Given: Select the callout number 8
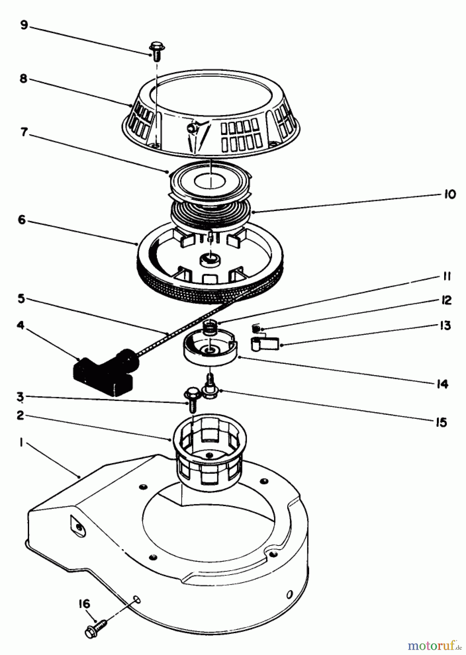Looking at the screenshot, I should [24, 79].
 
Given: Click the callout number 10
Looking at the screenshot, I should [450, 194].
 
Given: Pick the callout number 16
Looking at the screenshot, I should [84, 604].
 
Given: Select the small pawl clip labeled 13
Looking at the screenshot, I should [264, 343].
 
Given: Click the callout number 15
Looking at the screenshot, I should [441, 422].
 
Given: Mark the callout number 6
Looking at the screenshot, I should [22, 220].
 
